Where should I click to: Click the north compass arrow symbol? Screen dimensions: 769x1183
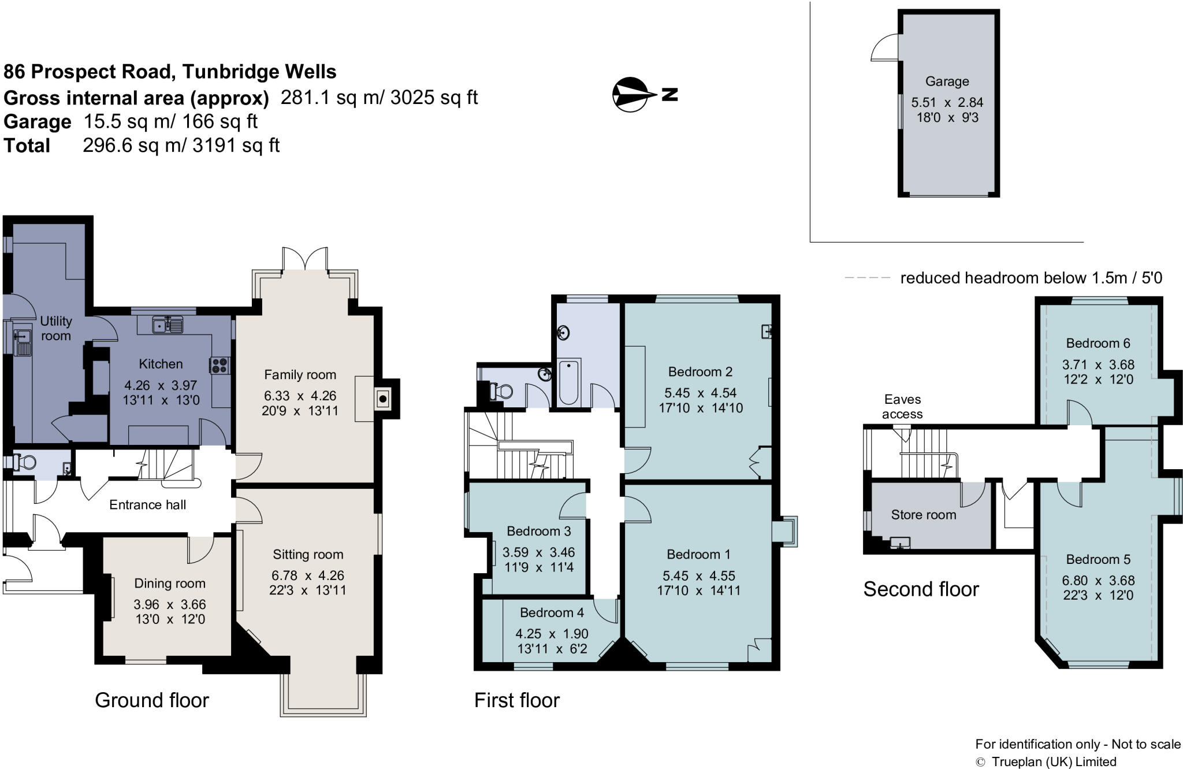pos(634,94)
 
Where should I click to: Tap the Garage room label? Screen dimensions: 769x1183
pos(947,81)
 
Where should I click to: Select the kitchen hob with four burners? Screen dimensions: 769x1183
pos(220,365)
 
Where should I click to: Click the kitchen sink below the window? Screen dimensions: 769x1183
pos(168,325)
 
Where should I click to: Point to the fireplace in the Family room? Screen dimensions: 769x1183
pos(382,399)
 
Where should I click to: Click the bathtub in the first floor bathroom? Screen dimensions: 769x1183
pos(569,381)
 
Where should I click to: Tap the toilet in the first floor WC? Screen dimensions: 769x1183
pos(501,391)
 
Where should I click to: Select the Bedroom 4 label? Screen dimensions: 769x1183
pos(552,612)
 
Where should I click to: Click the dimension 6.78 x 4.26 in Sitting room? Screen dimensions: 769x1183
pos(307,575)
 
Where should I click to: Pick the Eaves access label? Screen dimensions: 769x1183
pos(902,407)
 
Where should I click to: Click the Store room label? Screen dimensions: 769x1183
pos(923,515)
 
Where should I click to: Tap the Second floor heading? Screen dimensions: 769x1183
pos(921,589)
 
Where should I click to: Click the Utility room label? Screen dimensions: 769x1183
pos(55,328)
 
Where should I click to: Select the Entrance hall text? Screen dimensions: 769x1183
pos(147,505)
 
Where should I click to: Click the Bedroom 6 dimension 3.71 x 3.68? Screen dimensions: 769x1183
pos(1098,365)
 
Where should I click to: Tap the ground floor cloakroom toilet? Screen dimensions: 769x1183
pos(25,462)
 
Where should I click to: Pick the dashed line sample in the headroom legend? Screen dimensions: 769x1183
pos(866,278)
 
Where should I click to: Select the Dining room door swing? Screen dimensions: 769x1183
pos(200,550)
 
